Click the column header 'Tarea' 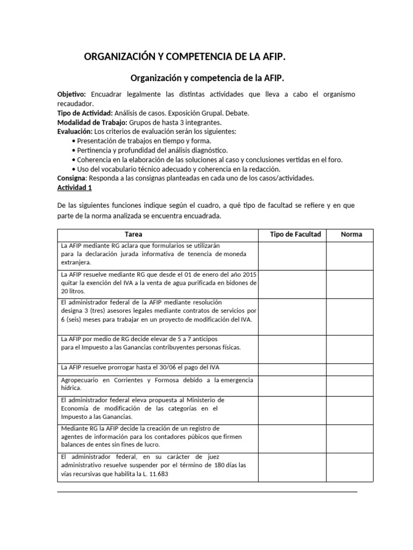pyautogui.click(x=134, y=234)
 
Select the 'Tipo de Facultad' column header pyautogui.click(x=295, y=234)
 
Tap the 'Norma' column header pyautogui.click(x=352, y=234)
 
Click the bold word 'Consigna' pyautogui.click(x=72, y=178)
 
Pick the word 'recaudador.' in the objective pyautogui.click(x=75, y=103)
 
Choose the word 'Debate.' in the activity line pyautogui.click(x=237, y=113)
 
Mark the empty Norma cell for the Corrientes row pyautogui.click(x=352, y=385)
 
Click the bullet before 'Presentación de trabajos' pyautogui.click(x=73, y=141)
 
